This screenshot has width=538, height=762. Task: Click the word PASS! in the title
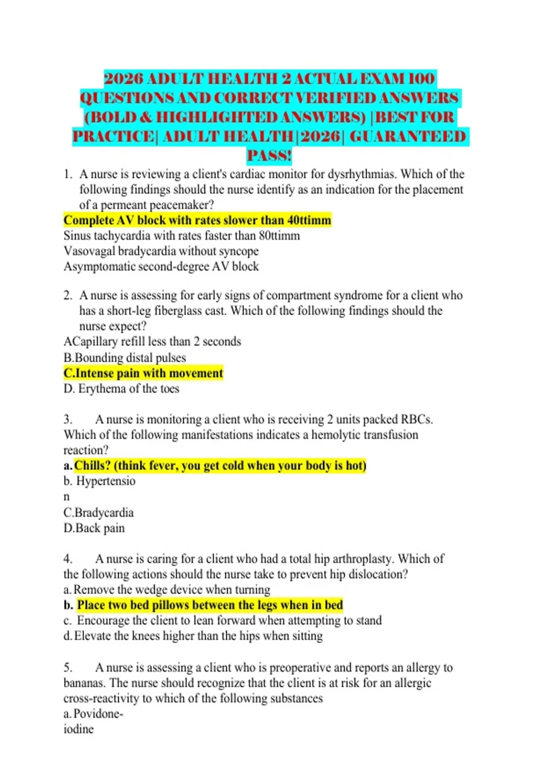(269, 156)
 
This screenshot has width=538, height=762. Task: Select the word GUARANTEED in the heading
(407, 136)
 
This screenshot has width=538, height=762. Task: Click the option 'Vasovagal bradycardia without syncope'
(161, 251)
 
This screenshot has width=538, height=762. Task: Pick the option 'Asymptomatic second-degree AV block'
(161, 266)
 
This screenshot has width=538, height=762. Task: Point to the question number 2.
(68, 295)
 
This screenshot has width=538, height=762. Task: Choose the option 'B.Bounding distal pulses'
(125, 358)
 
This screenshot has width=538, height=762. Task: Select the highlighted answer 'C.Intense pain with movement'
(143, 373)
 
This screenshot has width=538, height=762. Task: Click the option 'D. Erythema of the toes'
(121, 389)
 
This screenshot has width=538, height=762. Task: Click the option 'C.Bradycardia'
(99, 512)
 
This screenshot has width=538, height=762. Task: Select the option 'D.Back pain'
(94, 528)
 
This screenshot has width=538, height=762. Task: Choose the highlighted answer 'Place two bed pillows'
(210, 605)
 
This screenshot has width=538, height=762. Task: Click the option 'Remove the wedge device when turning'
(172, 589)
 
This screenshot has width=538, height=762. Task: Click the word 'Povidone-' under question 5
(98, 714)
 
